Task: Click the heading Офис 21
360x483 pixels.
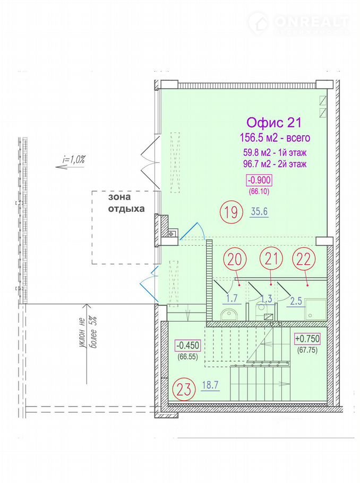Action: click(x=273, y=123)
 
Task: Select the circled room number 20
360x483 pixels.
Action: click(x=235, y=260)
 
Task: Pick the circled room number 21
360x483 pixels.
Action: click(x=271, y=259)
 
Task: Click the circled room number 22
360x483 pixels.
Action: click(x=303, y=260)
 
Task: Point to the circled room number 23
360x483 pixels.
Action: click(x=185, y=390)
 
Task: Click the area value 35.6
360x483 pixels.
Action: click(x=259, y=212)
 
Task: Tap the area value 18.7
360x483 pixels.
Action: click(x=210, y=385)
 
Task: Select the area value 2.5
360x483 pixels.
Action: click(x=296, y=301)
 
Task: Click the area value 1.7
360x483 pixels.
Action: click(x=232, y=298)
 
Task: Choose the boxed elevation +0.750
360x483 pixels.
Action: click(x=307, y=339)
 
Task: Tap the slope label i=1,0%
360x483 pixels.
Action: click(x=73, y=160)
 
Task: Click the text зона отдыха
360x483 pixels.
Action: click(x=126, y=202)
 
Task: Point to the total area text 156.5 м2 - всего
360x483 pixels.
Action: click(x=275, y=137)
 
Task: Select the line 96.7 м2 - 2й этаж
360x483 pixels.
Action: click(x=275, y=164)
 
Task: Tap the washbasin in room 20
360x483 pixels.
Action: click(x=229, y=314)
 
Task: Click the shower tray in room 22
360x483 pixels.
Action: click(x=315, y=309)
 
